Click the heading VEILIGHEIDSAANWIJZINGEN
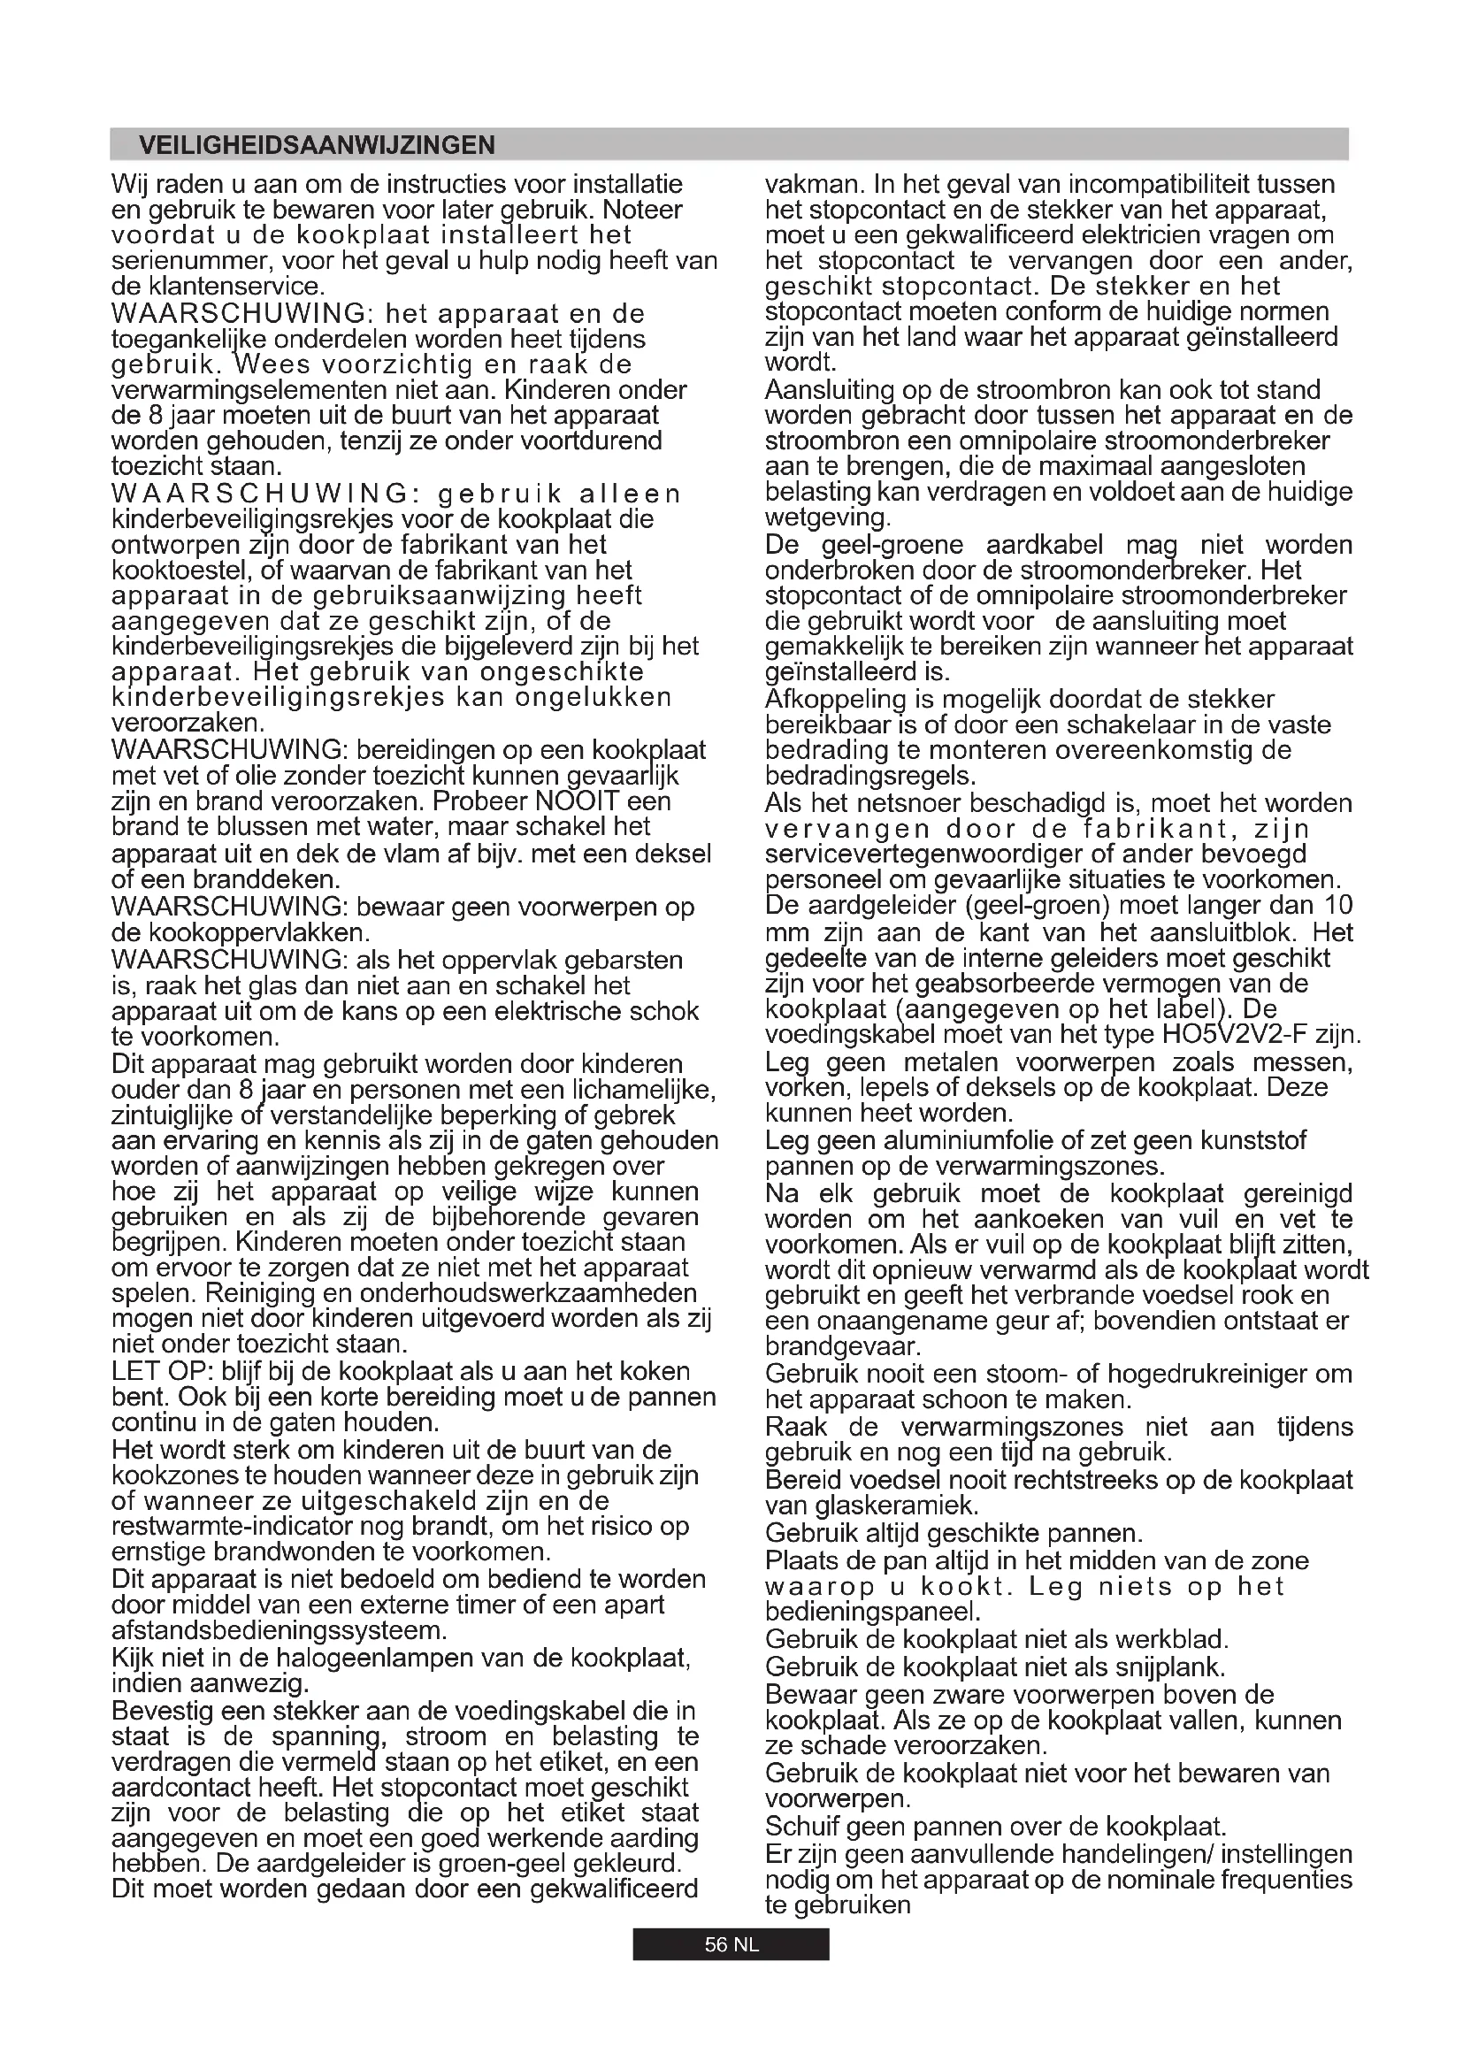[318, 145]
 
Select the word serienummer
[192, 261]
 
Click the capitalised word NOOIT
[578, 801]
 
